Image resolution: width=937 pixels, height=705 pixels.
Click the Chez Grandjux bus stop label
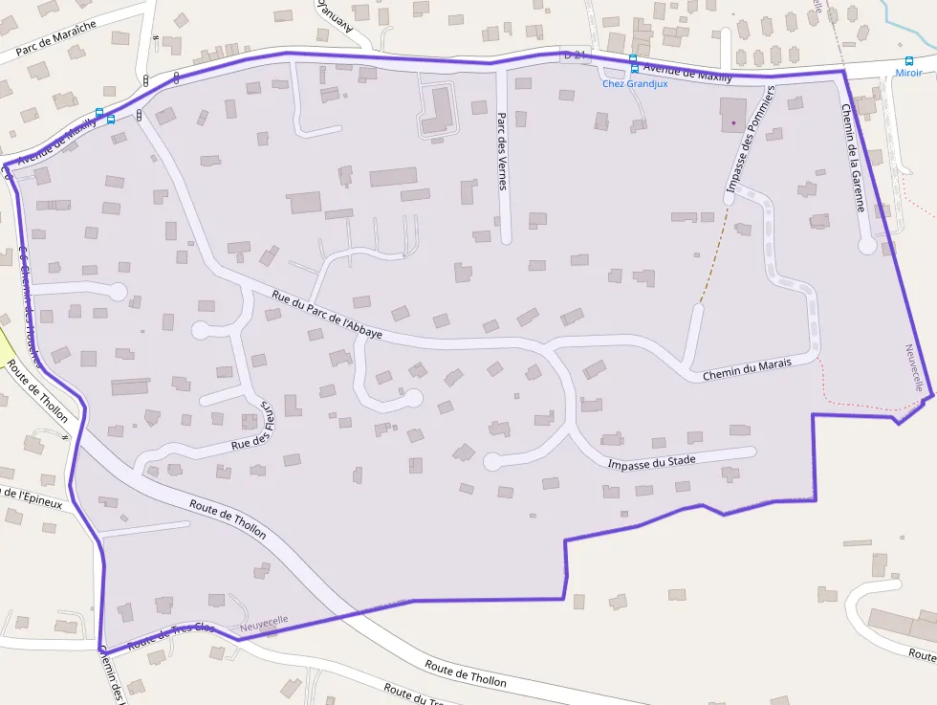click(635, 84)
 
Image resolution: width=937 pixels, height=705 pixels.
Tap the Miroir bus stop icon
click(909, 60)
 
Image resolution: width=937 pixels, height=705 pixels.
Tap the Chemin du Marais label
click(747, 370)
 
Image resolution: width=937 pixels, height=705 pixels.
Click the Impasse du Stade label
click(652, 462)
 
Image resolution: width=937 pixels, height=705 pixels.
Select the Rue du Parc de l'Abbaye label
click(327, 315)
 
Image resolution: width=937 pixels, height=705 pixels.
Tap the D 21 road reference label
click(574, 55)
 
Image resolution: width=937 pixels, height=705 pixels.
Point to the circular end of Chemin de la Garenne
click(867, 246)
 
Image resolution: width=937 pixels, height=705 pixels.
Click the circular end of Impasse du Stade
click(493, 462)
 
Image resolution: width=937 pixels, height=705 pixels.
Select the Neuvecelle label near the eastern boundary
click(915, 367)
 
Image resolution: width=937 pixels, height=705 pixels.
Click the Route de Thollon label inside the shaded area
click(228, 518)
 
